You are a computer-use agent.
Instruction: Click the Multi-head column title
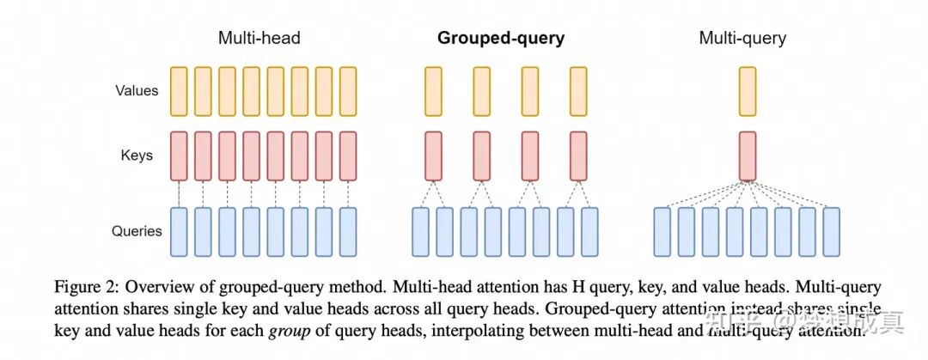[259, 38]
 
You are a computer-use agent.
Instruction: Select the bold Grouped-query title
[501, 38]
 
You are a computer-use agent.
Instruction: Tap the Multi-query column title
[742, 38]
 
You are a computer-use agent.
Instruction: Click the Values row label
[137, 89]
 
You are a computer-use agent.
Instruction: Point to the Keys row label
[137, 156]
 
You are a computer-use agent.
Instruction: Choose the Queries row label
[137, 230]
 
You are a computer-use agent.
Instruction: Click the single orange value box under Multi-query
[748, 90]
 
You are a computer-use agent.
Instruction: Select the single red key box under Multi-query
[748, 156]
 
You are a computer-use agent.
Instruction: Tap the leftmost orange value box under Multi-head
[179, 90]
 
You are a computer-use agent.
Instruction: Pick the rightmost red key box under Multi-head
[348, 156]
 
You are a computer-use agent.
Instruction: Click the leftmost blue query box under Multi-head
[179, 231]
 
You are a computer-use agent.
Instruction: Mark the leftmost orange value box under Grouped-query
[432, 90]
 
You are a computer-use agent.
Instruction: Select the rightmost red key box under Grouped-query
[577, 156]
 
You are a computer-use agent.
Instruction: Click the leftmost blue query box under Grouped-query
[421, 231]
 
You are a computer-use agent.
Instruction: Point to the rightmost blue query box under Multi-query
[831, 231]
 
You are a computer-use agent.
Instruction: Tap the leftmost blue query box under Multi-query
[662, 231]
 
